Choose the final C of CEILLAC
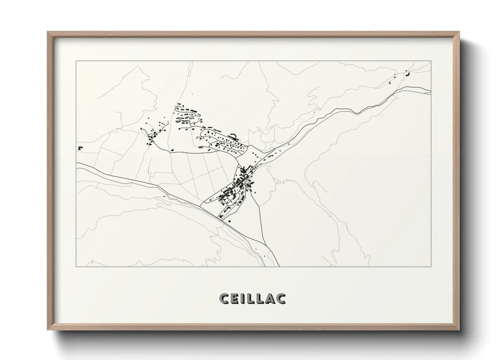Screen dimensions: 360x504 (281, 298)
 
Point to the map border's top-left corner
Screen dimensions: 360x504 (76, 61)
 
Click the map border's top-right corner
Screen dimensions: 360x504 (431, 61)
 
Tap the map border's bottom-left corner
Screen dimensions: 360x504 (76, 266)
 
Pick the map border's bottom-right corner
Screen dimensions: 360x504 (431, 266)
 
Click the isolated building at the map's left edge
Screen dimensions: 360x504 (80, 148)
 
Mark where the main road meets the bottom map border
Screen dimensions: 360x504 (279, 266)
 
